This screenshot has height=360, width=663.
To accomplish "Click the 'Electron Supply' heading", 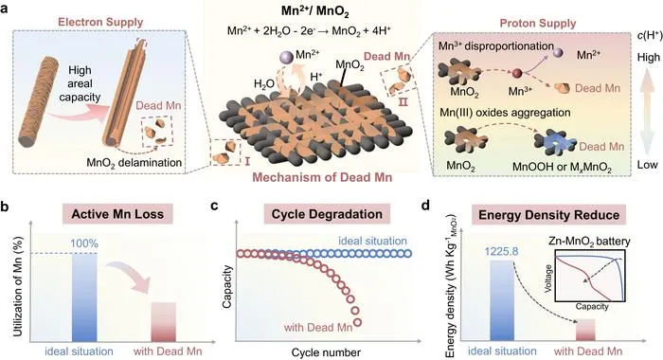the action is click(x=100, y=22).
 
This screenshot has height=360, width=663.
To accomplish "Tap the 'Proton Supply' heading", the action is click(x=538, y=23).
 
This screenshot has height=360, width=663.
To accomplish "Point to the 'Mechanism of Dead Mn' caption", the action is click(x=322, y=177).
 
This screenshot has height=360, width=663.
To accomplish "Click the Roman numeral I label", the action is click(x=247, y=160).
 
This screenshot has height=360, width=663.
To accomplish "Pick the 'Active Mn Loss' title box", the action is click(x=117, y=214).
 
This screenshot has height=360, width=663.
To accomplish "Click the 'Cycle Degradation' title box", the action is click(x=327, y=214).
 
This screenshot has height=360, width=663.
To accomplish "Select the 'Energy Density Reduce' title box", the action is click(x=548, y=215).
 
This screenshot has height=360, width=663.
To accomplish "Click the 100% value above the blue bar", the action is click(x=84, y=243).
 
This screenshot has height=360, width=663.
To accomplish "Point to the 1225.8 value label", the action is click(x=501, y=252).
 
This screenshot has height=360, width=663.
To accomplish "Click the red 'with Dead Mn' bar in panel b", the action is click(x=163, y=322).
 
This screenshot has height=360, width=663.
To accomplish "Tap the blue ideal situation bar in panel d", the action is click(x=502, y=300).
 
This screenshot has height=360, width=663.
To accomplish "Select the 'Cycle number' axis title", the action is click(x=326, y=352).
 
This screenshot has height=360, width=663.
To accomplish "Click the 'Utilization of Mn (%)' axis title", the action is click(x=18, y=286).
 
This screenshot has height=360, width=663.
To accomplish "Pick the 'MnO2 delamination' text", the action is click(x=134, y=163).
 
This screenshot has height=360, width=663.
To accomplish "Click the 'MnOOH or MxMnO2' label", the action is click(x=562, y=167).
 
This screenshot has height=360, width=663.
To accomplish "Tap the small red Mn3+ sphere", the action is click(x=517, y=74).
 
